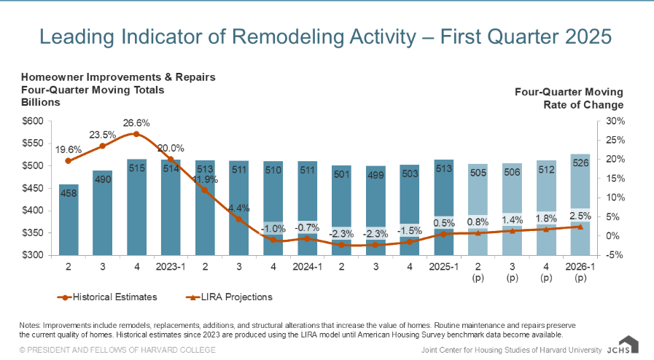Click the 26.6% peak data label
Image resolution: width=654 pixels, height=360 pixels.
point(136,122)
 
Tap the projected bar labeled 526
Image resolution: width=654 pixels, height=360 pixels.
point(580,204)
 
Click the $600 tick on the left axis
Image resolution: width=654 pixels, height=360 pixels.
point(34,121)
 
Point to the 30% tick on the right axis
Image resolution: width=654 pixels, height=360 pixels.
point(615,121)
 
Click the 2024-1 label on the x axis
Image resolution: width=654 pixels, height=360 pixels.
point(307,267)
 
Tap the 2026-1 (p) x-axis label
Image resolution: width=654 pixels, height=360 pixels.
point(580,272)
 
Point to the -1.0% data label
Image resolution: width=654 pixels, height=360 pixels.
point(273,228)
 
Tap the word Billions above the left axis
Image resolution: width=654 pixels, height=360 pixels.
point(40,103)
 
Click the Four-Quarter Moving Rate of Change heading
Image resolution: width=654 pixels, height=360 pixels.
point(569,98)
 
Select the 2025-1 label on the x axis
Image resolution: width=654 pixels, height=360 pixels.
point(443,267)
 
